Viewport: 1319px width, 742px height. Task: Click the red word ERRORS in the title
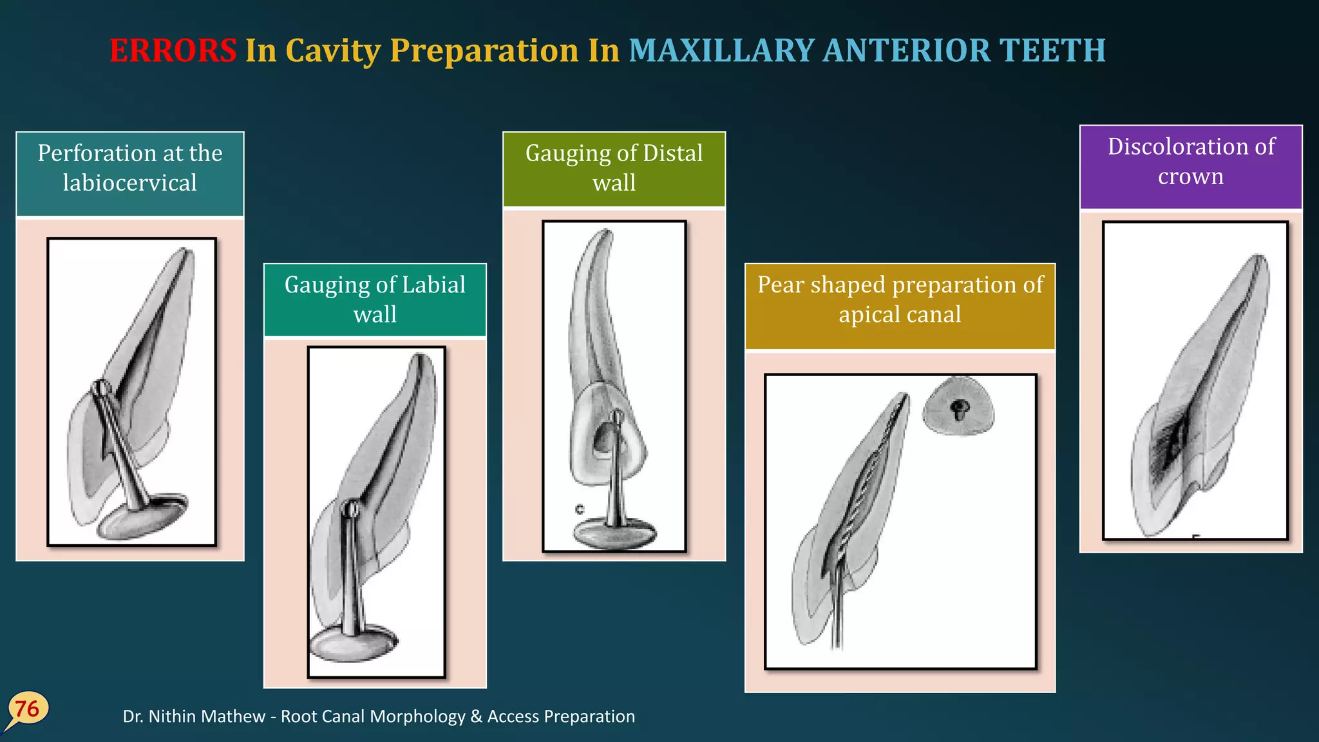click(x=173, y=50)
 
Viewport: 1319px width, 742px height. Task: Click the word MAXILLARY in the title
click(x=721, y=50)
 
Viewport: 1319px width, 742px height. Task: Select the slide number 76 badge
click(x=27, y=709)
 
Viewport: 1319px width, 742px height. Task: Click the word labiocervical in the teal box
click(x=129, y=183)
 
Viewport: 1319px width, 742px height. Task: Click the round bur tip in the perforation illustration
click(x=100, y=388)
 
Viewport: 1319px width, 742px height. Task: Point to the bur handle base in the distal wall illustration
click(x=614, y=534)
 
